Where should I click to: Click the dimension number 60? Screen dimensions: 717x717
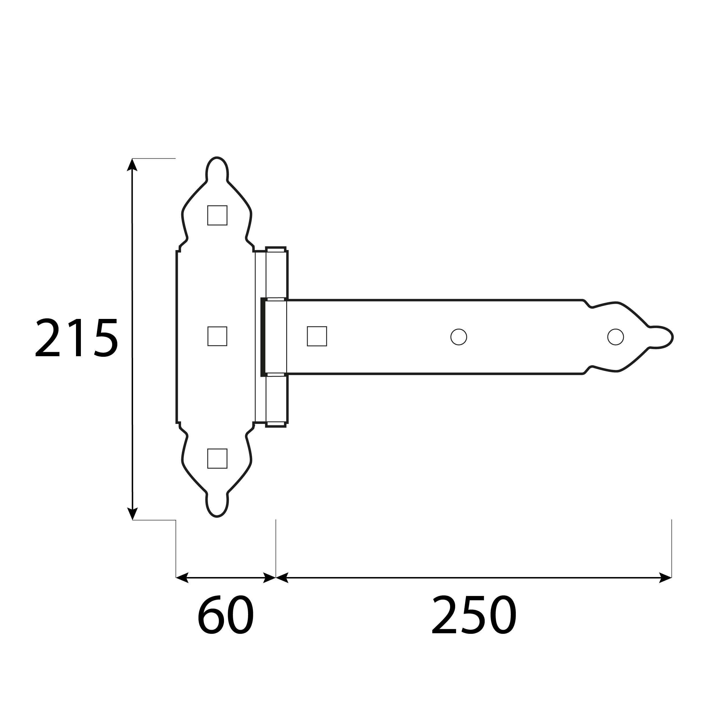pos(225,615)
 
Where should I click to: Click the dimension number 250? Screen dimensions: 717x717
pos(474,615)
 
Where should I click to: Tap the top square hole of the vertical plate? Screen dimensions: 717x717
pos(217,215)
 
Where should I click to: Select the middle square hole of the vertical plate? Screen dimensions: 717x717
pos(217,336)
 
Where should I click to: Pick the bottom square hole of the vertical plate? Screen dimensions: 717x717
pos(217,458)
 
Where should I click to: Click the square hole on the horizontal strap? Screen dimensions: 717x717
pos(317,336)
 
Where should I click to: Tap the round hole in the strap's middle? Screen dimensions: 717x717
pos(459,337)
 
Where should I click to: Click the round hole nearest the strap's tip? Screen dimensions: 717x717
pos(616,337)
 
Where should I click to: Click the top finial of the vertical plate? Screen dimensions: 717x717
pos(217,169)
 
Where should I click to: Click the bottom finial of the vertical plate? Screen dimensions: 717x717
pos(217,505)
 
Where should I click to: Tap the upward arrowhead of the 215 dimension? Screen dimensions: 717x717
pos(132,165)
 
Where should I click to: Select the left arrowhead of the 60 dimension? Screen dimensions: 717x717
pos(182,577)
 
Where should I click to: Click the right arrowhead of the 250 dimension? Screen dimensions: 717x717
pos(665,577)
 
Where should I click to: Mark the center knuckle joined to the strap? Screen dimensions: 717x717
pos(275,337)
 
